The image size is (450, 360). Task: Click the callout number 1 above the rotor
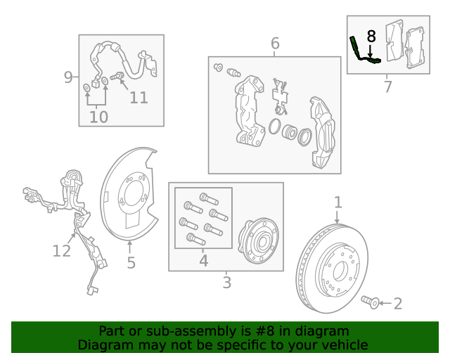point(338,202)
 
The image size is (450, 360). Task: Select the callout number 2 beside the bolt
point(398,304)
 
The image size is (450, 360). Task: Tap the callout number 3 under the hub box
point(226,283)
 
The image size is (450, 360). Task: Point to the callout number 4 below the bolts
point(203,261)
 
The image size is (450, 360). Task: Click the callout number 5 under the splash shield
point(131,263)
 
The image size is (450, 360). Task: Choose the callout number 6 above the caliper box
point(275,44)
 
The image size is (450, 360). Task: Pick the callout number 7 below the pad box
point(387,87)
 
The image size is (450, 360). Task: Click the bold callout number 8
point(371,35)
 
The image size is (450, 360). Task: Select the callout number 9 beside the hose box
point(69,77)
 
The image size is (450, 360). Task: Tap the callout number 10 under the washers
point(98,117)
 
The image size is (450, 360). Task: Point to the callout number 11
point(139,97)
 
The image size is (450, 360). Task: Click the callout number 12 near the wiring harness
point(62,250)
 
